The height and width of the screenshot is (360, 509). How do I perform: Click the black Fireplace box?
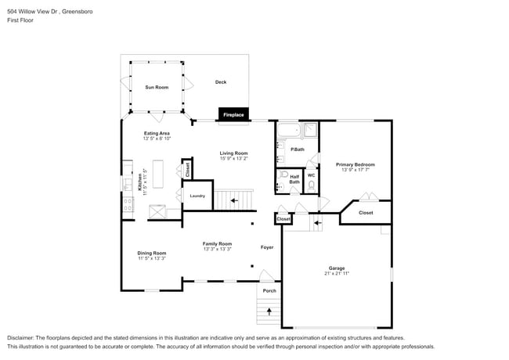pyautogui.click(x=233, y=115)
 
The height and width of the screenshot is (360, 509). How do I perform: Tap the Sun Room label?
pyautogui.click(x=157, y=87)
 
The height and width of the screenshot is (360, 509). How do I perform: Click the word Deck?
pyautogui.click(x=221, y=82)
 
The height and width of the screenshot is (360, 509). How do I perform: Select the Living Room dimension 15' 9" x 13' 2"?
pyautogui.click(x=233, y=159)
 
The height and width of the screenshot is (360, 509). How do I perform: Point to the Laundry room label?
pyautogui.click(x=197, y=196)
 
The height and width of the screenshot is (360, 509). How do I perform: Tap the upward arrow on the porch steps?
pyautogui.click(x=269, y=311)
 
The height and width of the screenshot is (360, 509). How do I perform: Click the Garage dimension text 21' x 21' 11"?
pyautogui.click(x=337, y=274)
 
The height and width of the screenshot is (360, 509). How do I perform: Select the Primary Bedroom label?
pyautogui.click(x=356, y=164)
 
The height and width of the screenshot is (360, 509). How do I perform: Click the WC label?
pyautogui.click(x=311, y=175)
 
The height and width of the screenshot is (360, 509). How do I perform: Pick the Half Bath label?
pyautogui.click(x=294, y=179)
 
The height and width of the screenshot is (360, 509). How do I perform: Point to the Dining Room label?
pyautogui.click(x=152, y=253)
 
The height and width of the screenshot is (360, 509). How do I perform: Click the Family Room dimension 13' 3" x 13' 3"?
pyautogui.click(x=217, y=250)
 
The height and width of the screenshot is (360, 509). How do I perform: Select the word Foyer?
pyautogui.click(x=267, y=247)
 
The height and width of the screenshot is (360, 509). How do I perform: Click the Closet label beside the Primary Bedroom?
pyautogui.click(x=366, y=212)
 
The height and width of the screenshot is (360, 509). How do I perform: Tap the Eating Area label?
pyautogui.click(x=157, y=133)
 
